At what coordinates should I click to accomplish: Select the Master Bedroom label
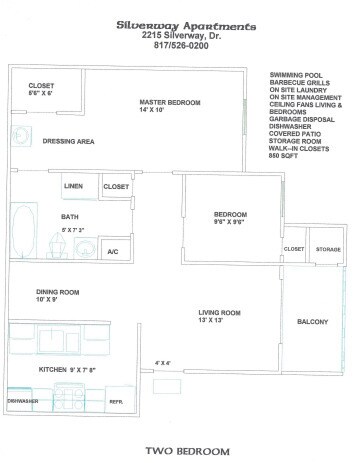170,103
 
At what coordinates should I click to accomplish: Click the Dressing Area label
68,142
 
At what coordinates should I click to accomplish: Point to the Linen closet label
72,187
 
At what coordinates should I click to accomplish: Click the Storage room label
328,248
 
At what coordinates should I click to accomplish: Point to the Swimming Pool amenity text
299,75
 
